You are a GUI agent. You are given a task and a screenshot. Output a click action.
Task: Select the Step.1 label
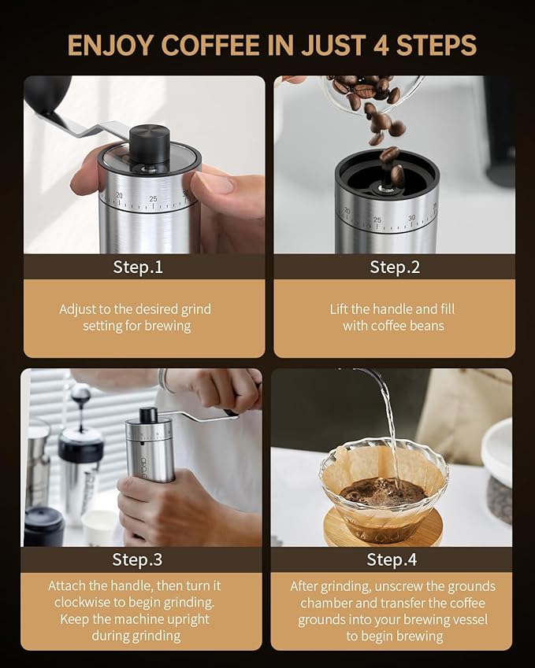(x=138, y=267)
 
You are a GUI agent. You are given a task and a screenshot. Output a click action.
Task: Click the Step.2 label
(x=395, y=267)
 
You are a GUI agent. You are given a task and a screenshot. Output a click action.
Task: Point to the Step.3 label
(x=138, y=559)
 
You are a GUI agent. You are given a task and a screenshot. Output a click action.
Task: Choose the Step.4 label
(x=392, y=559)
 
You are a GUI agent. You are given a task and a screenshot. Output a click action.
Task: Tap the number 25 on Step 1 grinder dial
(x=153, y=198)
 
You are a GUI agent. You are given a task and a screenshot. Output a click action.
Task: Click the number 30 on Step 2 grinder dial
(x=411, y=218)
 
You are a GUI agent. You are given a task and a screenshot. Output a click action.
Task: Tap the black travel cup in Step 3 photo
(x=44, y=525)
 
